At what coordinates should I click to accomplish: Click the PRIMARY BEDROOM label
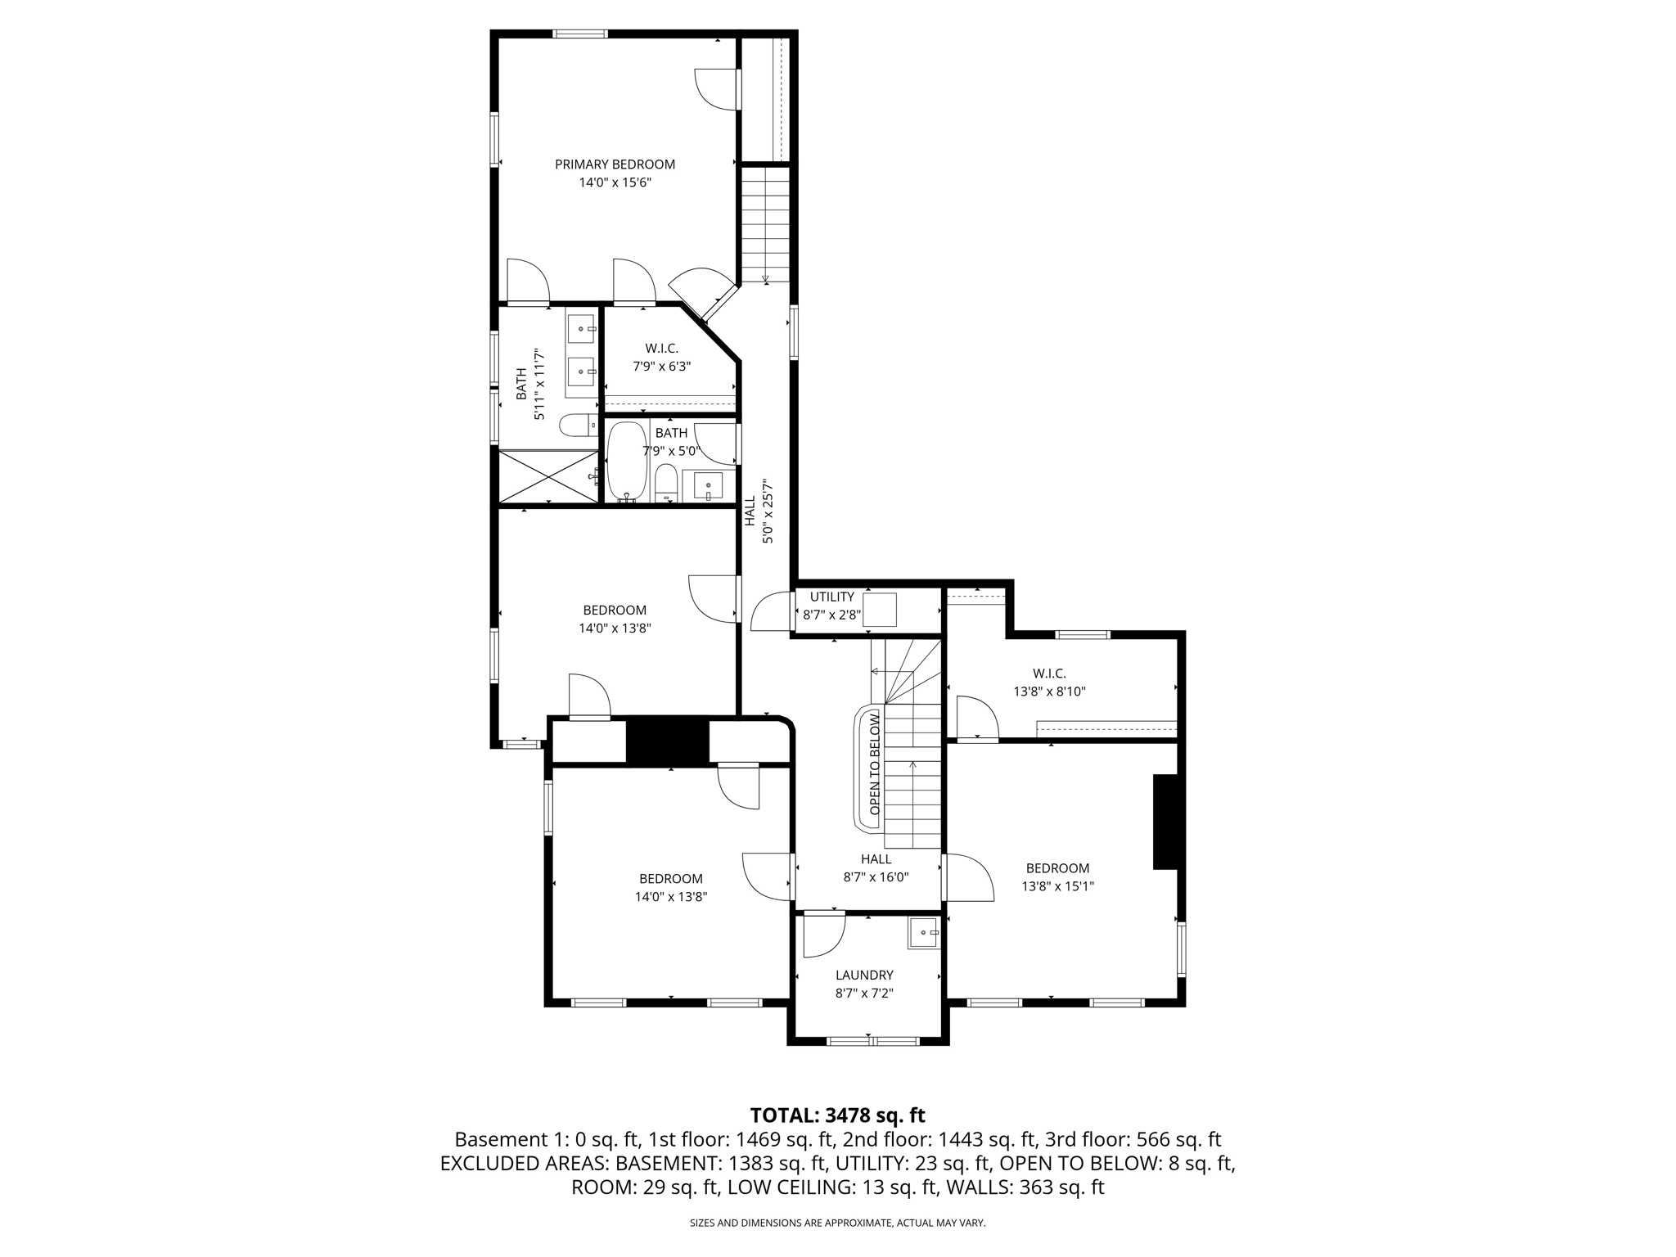615,164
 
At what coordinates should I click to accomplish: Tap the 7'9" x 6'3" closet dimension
661,367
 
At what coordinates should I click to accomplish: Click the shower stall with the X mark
547,476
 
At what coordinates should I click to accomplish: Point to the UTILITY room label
831,597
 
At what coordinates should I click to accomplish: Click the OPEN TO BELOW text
874,764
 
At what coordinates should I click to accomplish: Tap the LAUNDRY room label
864,975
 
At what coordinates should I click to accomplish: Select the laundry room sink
924,933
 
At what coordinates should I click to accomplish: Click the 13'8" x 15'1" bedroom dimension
1057,886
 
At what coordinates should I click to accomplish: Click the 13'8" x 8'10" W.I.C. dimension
1049,692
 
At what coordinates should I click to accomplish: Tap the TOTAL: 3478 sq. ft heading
837,1115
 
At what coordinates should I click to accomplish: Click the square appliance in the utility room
880,610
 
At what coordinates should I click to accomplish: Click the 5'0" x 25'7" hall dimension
768,512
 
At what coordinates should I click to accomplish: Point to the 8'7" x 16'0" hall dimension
876,877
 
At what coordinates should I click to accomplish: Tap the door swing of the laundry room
822,935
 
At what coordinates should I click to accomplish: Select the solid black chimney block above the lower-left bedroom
667,741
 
